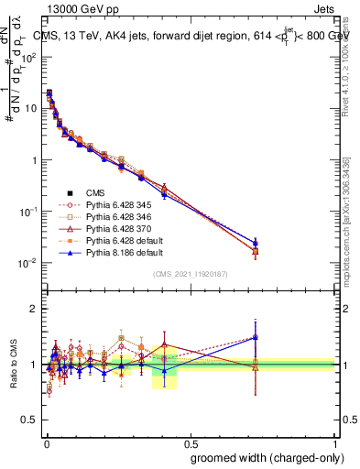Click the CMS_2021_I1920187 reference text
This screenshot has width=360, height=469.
[x=191, y=274]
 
